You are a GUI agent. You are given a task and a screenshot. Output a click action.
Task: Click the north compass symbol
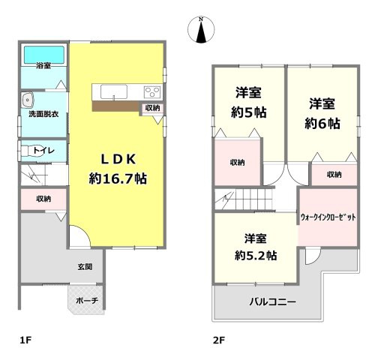tap(200, 31)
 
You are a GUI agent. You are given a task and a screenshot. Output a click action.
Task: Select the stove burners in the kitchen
tap(151, 92)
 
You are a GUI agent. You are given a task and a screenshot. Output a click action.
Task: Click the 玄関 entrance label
tap(84, 266)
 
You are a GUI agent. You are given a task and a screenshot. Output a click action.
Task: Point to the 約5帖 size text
tap(249, 114)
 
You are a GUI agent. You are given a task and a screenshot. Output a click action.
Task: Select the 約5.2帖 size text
tap(256, 255)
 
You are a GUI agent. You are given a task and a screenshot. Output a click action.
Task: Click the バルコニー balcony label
tap(272, 302)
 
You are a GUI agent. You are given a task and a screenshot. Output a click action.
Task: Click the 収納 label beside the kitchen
tap(152, 109)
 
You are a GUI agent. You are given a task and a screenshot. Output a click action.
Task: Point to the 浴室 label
tap(43, 66)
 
